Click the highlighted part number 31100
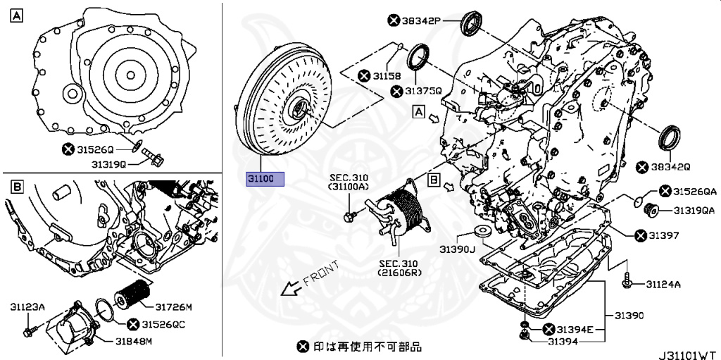click(x=264, y=179)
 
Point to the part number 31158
click(x=387, y=75)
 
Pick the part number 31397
click(x=666, y=235)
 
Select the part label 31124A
click(x=664, y=285)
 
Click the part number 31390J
click(x=458, y=248)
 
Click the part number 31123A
click(x=27, y=307)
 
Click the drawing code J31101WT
click(x=688, y=352)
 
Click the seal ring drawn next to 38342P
click(x=471, y=25)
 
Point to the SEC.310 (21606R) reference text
click(x=397, y=268)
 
